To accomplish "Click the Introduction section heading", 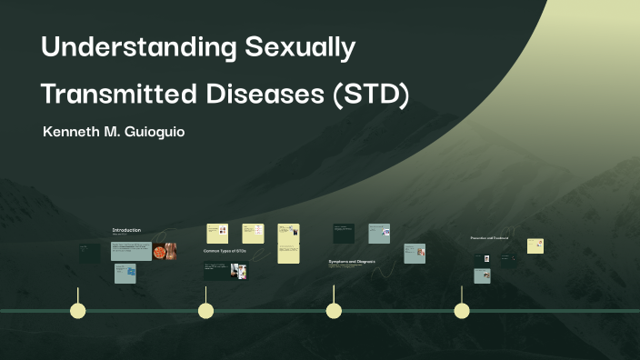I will tap(126, 230).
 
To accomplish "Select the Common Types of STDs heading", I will tap(225, 250).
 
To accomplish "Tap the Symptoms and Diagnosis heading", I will tap(352, 261).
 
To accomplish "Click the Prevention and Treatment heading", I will tap(489, 238).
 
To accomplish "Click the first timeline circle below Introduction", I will tap(78, 311).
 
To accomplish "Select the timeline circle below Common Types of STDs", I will tap(206, 311).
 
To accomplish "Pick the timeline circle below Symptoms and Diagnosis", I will tap(334, 311).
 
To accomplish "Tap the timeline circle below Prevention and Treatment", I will tap(462, 311).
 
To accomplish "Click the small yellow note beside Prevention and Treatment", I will tap(535, 245).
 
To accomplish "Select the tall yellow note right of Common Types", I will tap(288, 244).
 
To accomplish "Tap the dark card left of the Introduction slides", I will tap(89, 253).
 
